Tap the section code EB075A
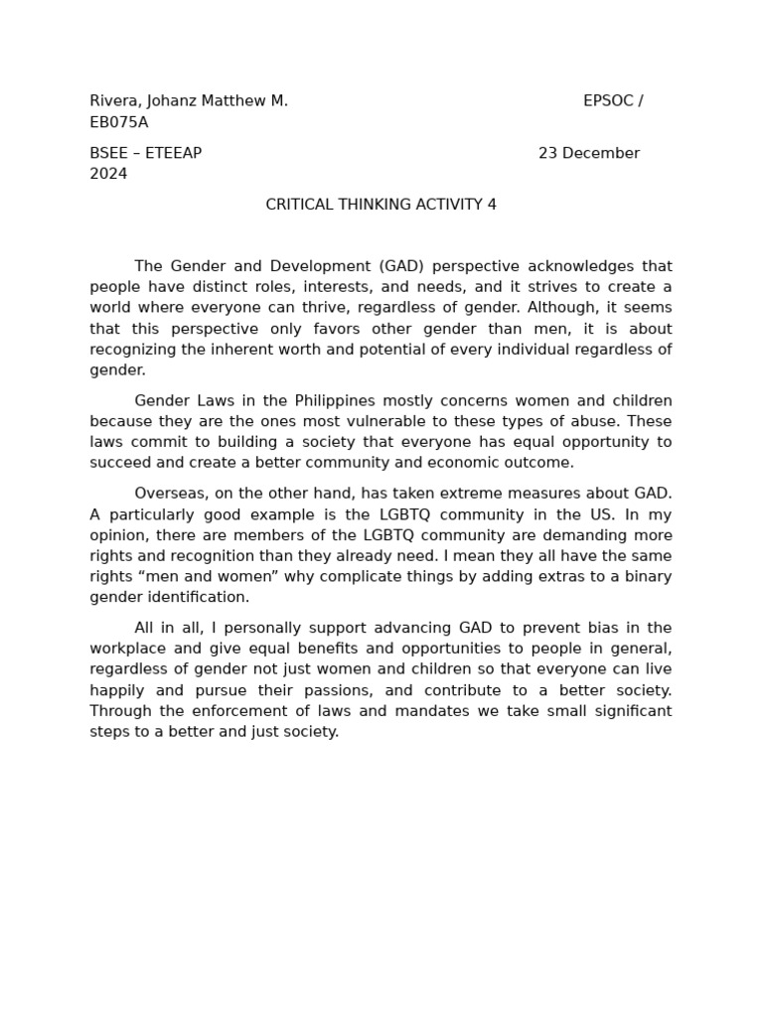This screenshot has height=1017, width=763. (x=118, y=122)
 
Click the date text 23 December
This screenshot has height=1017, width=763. (x=588, y=153)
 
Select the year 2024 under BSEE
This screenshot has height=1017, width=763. (x=108, y=174)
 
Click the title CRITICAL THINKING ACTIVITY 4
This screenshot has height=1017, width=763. (x=381, y=205)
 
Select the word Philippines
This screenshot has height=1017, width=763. (x=335, y=401)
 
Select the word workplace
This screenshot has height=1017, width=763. (x=127, y=649)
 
